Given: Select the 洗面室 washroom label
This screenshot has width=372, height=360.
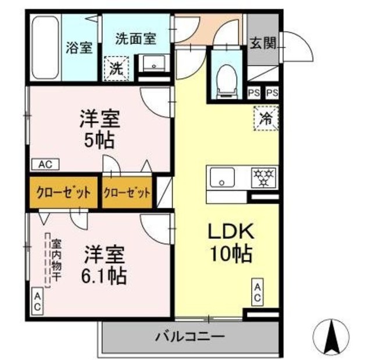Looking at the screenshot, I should tap(136, 39).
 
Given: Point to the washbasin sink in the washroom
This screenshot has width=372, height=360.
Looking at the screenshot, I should tap(153, 64).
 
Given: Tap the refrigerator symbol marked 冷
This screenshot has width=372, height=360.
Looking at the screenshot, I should tap(266, 119).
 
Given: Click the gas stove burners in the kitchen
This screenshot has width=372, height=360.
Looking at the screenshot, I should tap(264, 177).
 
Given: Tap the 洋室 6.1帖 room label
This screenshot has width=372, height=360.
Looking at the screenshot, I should tap(105, 264).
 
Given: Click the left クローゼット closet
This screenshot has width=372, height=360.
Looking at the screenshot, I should tap(63, 193).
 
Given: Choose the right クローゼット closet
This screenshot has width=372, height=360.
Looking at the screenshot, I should tap(127, 193).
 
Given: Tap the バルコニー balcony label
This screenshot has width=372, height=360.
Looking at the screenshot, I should tap(182, 337).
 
